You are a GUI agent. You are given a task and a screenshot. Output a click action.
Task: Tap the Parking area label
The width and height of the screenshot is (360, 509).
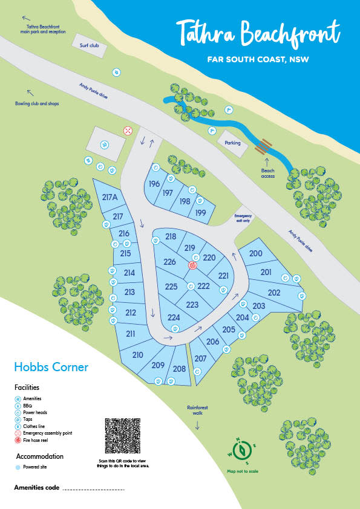pos(233,143)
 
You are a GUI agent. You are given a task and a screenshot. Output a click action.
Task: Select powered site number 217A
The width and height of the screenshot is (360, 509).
pos(110,197)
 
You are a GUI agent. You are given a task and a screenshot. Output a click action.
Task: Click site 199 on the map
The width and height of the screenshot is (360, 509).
pos(201,213)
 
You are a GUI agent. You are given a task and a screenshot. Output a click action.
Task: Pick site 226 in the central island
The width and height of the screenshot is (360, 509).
pos(169,262)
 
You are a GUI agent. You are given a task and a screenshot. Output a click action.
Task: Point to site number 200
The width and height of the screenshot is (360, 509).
pos(255,254)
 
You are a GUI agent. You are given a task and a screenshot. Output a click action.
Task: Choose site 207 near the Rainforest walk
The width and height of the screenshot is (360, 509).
pos(201,358)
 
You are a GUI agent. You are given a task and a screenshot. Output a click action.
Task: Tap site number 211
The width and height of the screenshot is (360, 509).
pos(130,334)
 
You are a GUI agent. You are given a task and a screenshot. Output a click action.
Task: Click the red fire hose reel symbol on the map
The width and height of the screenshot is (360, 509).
pos(193,265)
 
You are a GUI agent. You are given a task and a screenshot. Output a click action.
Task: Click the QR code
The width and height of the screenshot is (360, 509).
pos(123,436)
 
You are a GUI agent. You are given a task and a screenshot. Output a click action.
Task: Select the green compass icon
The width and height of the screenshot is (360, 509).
pos(243,450)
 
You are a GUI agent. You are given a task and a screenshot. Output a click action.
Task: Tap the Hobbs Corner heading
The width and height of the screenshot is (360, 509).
pos(51,367)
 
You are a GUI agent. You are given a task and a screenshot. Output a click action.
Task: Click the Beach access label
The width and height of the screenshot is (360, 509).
pos(268,173)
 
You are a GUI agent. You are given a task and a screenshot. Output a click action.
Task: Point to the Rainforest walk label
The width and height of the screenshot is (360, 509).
pos(197,410)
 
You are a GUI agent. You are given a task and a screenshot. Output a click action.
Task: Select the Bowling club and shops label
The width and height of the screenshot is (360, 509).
pos(37,103)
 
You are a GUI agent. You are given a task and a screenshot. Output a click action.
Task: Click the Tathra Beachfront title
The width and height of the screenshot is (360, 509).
pos(258,34)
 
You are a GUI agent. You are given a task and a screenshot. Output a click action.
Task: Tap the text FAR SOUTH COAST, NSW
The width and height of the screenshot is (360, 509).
pos(257,60)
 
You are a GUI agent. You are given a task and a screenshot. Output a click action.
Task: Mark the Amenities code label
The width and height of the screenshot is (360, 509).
pos(36,487)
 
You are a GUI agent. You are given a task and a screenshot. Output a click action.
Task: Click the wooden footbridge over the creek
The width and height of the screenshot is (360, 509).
pos(263,145)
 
